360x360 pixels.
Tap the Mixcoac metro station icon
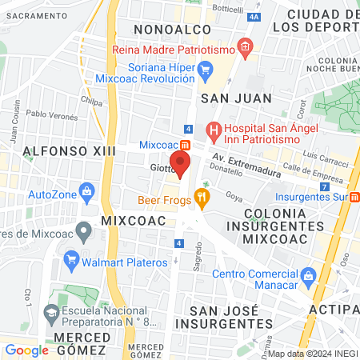185,145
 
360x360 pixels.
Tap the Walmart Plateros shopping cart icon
71,258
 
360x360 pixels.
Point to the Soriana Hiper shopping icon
205,70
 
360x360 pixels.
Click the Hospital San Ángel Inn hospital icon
214,128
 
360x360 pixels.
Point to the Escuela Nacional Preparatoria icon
52,312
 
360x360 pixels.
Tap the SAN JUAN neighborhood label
236,98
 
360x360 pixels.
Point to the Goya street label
234,194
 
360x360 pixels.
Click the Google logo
27,350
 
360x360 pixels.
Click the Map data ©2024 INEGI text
311,354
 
